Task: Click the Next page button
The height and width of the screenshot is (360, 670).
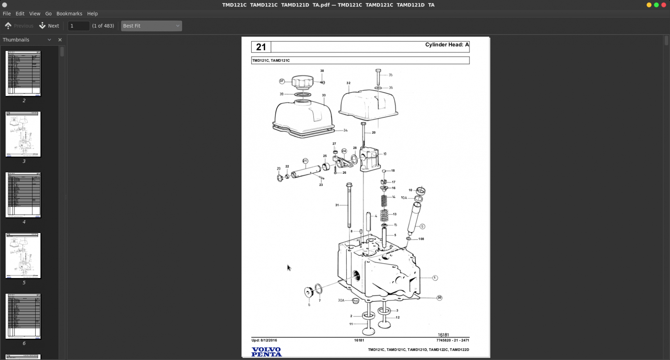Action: (49, 26)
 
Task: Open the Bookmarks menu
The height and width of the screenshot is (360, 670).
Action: (69, 14)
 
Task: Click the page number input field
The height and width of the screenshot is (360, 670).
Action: (78, 26)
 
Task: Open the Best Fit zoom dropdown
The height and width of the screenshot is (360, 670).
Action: (151, 26)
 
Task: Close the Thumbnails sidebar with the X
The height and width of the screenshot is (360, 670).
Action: (60, 40)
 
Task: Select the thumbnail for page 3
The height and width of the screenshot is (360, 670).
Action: (23, 134)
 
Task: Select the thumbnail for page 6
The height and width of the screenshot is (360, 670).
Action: (23, 316)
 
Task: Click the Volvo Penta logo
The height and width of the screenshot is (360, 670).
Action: (267, 352)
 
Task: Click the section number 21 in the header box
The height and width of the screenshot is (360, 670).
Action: (261, 47)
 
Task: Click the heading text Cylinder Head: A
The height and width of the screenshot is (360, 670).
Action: (447, 45)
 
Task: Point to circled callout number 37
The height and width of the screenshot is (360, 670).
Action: (282, 81)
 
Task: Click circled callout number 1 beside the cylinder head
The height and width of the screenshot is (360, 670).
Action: (435, 278)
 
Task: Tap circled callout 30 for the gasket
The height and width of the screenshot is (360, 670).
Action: (439, 298)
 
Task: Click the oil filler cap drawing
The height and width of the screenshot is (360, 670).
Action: (303, 82)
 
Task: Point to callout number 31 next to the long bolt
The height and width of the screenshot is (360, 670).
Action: (337, 205)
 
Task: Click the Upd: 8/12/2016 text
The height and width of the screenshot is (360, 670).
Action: (264, 340)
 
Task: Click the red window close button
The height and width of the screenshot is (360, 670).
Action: (664, 5)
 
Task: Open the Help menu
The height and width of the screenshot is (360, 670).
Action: (92, 14)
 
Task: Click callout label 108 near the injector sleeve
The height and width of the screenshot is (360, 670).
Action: (421, 239)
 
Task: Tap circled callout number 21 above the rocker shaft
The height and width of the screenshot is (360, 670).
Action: (305, 161)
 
